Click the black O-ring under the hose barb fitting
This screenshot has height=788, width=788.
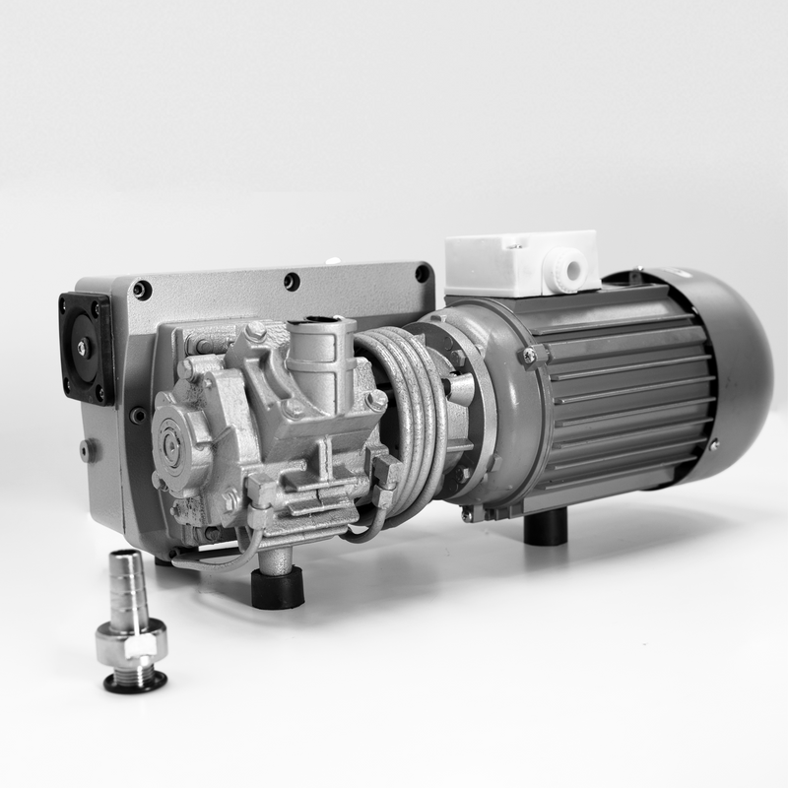click(135, 684)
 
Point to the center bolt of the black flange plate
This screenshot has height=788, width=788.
click(85, 347)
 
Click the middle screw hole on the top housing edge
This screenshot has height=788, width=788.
click(292, 282)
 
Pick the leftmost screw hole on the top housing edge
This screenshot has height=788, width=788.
click(143, 290)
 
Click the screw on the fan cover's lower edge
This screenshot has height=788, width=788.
click(712, 444)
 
